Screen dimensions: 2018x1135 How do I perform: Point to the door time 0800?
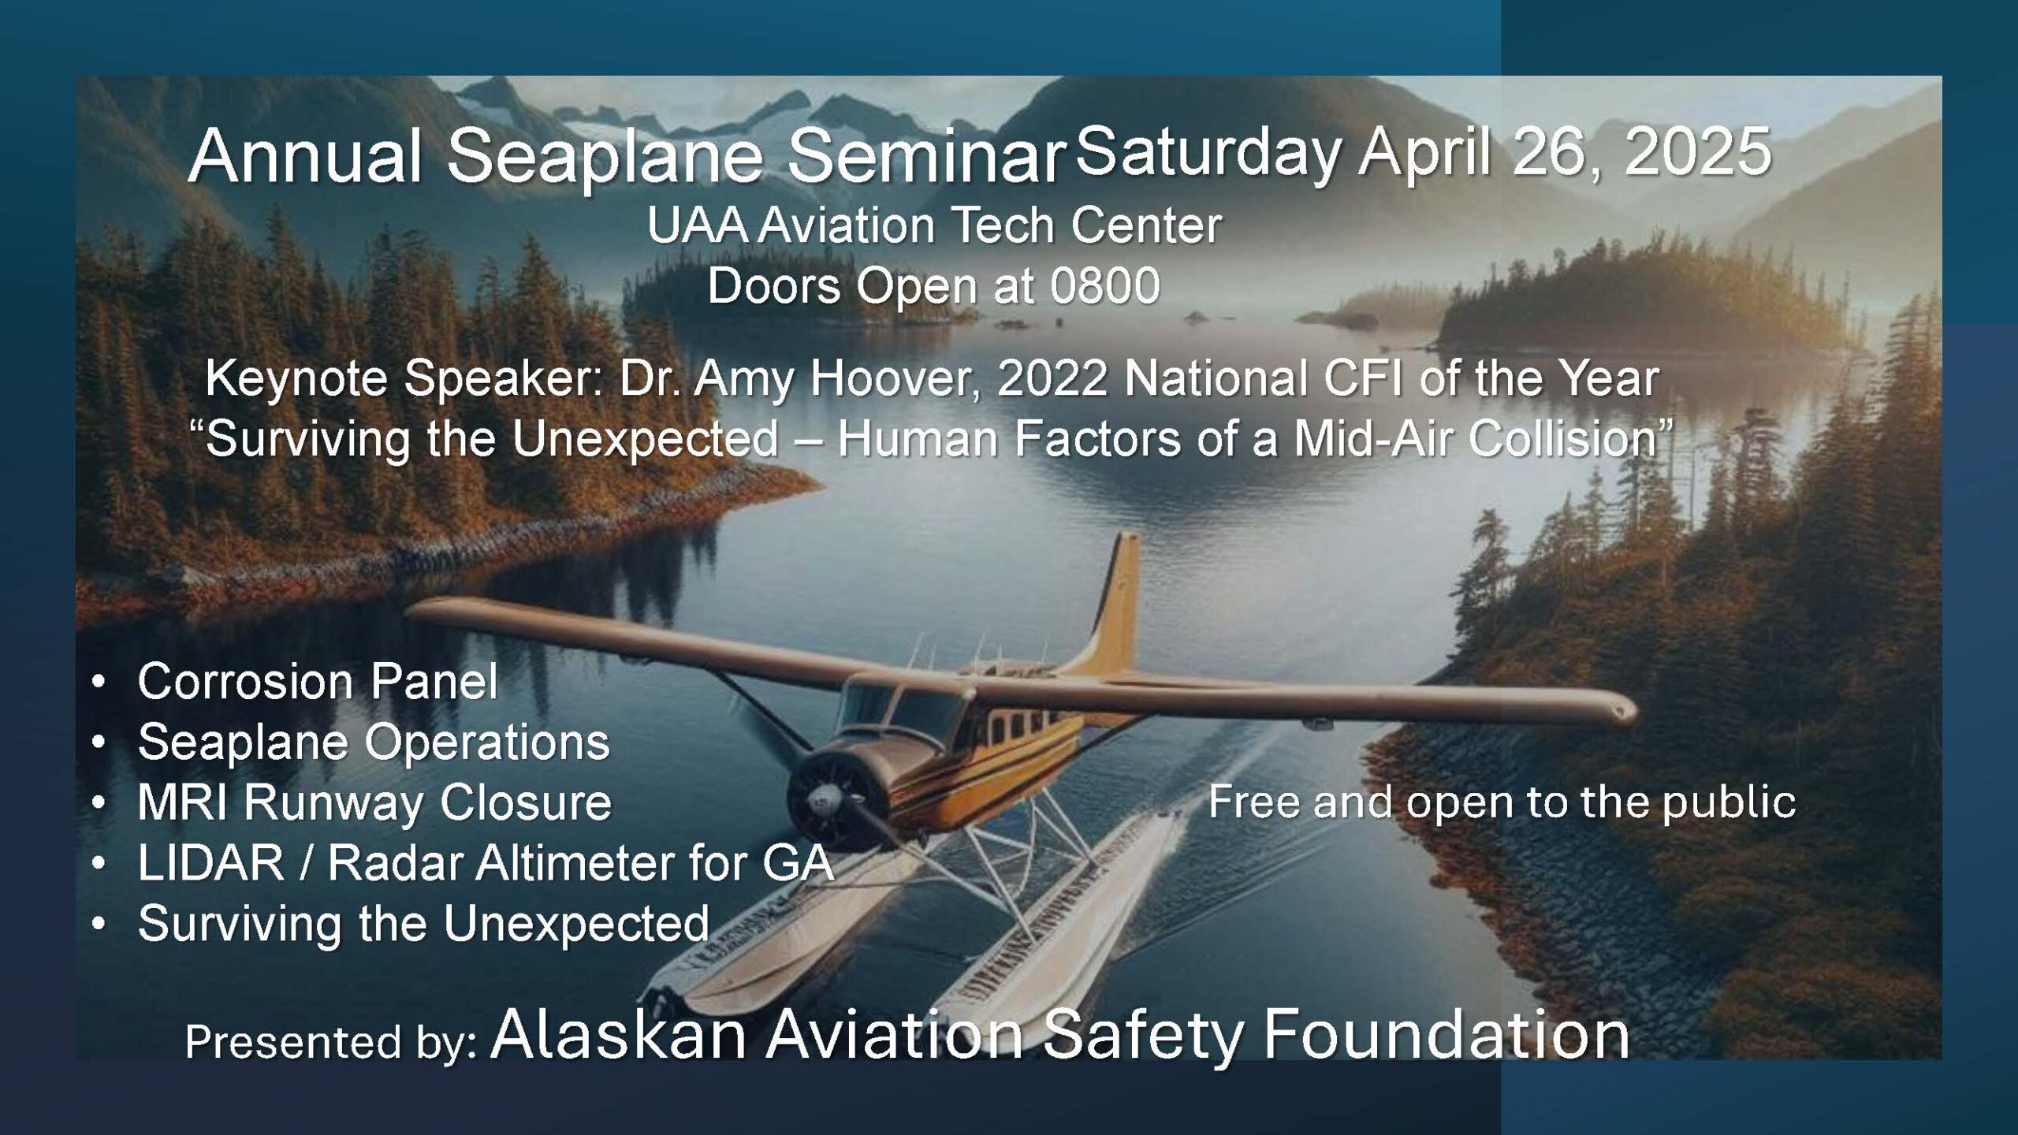point(1104,285)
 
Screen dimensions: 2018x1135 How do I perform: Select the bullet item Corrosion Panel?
point(318,681)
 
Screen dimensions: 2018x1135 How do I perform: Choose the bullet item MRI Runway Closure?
point(374,802)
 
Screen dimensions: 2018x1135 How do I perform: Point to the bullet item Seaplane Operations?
point(374,742)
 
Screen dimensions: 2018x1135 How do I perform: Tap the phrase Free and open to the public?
point(1502,802)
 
